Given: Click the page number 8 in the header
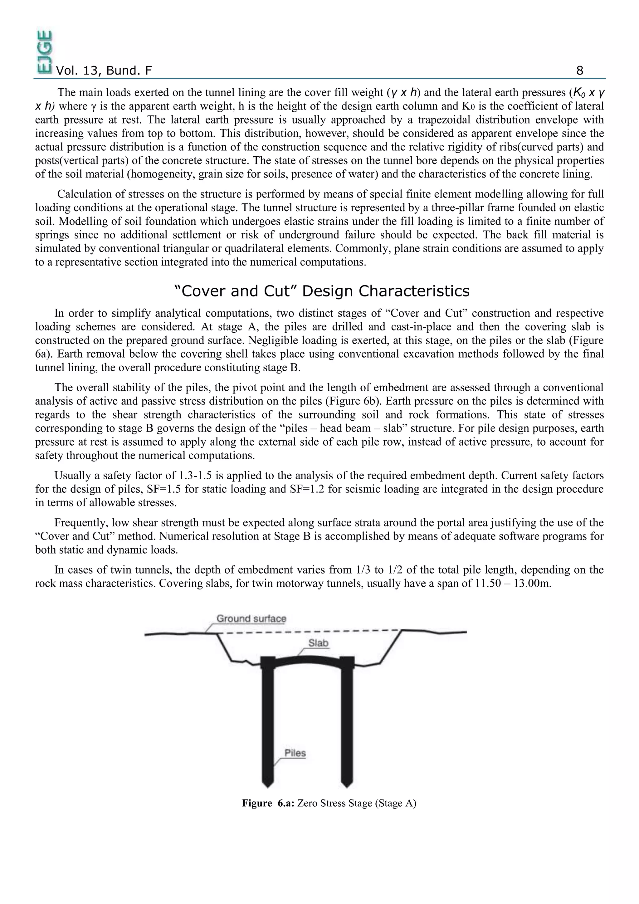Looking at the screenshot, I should coord(579,71).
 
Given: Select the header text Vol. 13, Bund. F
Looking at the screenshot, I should coord(104,71).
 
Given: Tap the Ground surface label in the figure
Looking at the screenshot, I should coord(251,618).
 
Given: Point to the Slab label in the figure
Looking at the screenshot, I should coord(318,643).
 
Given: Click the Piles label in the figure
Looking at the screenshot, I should coord(295,753).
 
